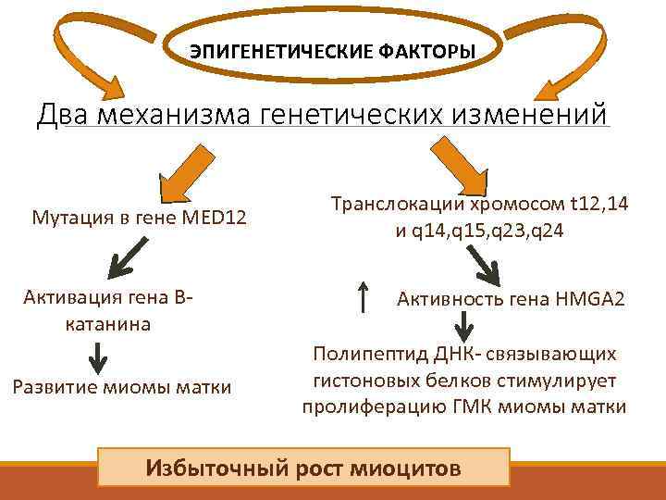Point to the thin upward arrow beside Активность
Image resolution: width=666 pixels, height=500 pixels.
point(364,297)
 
